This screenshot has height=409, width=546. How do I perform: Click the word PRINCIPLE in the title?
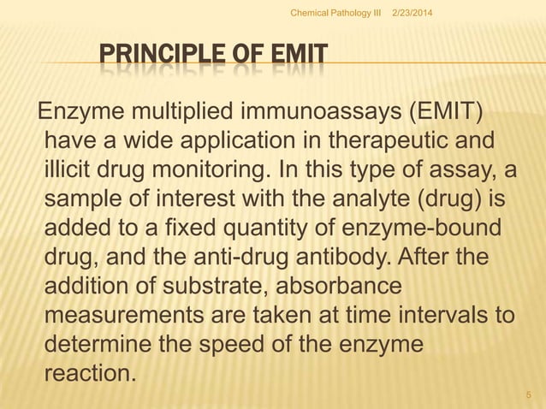pyautogui.click(x=163, y=59)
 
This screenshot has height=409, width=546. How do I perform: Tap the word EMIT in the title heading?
pyautogui.click(x=294, y=59)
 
